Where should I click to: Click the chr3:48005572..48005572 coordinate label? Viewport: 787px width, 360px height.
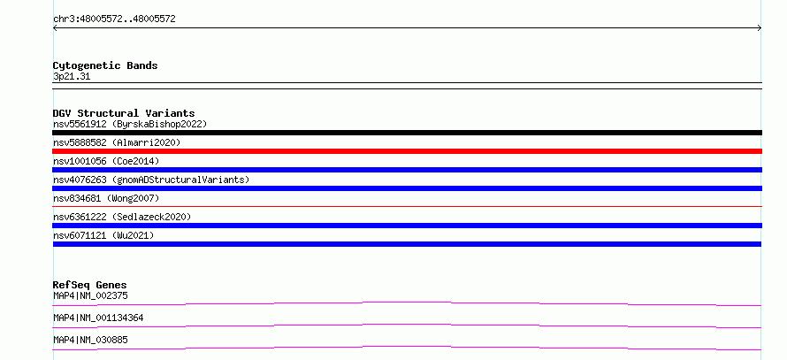[114, 19]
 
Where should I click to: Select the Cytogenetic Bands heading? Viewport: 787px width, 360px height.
[105, 65]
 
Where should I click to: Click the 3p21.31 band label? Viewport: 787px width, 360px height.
[72, 77]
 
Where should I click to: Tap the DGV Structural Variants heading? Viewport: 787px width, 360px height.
[124, 113]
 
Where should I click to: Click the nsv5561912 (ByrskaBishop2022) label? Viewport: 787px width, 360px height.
[130, 124]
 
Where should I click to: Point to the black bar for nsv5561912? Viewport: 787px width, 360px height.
[407, 133]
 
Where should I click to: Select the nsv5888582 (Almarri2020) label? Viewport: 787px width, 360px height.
[117, 142]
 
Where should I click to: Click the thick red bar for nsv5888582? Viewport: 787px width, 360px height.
[407, 151]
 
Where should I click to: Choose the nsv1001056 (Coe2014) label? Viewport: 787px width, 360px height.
[106, 161]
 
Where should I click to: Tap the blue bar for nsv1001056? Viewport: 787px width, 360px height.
[407, 170]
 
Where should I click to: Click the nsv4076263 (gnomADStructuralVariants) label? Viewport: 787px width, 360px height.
[151, 180]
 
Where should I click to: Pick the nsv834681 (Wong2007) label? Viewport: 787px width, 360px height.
[106, 198]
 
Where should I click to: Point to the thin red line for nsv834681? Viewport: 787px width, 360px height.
[407, 206]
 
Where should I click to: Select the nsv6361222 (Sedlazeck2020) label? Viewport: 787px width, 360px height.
[122, 217]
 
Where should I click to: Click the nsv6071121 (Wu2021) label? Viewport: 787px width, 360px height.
[103, 235]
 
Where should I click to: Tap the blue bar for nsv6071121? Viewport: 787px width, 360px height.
[407, 244]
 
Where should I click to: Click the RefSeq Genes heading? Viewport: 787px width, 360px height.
[90, 285]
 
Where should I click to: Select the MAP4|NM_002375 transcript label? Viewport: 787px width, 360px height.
[90, 295]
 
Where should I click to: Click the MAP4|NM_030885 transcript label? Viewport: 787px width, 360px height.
[90, 340]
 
